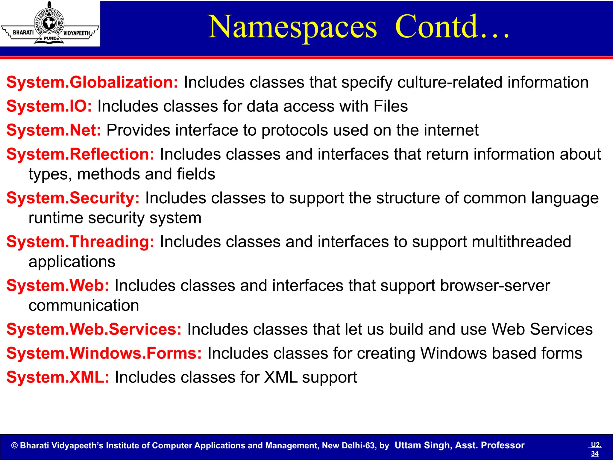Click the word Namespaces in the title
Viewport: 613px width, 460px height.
292,28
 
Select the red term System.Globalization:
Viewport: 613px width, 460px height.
92,82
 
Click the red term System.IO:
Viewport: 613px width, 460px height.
49,106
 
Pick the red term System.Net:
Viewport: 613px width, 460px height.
54,130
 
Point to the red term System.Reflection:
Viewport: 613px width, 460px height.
80,154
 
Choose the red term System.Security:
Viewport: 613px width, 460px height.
73,198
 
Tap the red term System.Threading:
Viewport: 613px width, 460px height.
80,242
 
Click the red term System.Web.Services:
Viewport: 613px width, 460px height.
94,329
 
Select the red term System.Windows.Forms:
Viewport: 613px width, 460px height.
104,353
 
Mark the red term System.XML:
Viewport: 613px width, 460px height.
58,377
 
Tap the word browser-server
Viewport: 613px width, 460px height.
495,285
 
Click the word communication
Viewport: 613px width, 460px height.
84,305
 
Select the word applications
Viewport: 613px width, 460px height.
72,262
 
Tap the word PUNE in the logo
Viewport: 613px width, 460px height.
50,38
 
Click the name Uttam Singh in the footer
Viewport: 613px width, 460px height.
423,445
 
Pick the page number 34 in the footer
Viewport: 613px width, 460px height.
595,453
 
